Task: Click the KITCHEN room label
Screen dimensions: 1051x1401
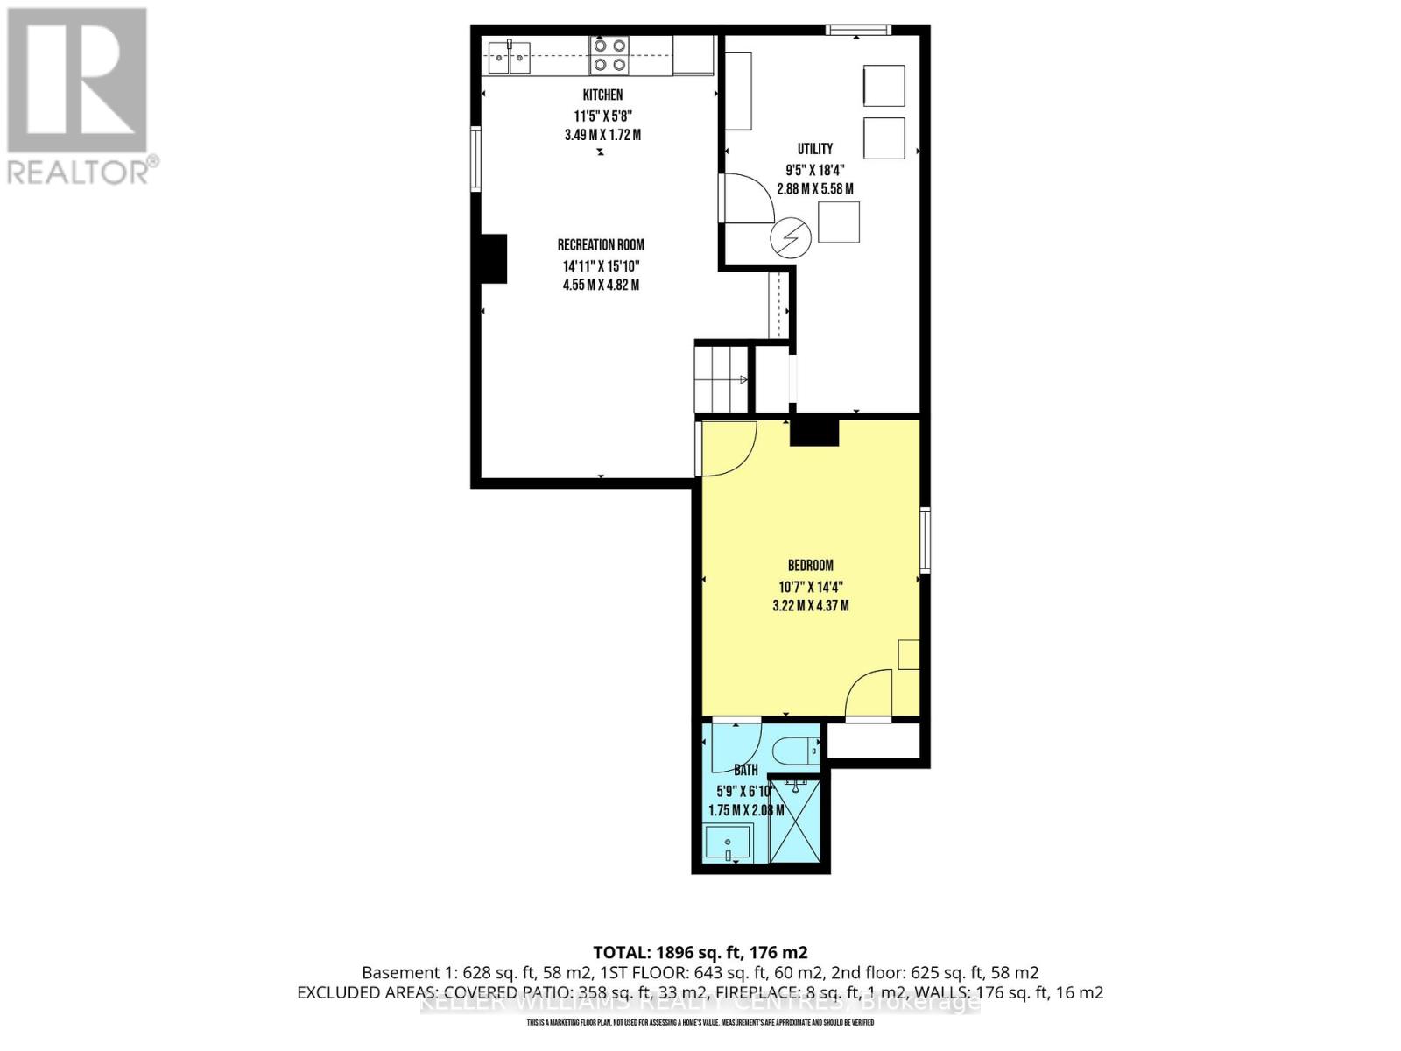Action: pyautogui.click(x=602, y=95)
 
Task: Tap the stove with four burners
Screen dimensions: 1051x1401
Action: pyautogui.click(x=609, y=54)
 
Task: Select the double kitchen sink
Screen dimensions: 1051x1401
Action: pyautogui.click(x=508, y=59)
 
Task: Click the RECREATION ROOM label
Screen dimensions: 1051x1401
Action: pyautogui.click(x=601, y=245)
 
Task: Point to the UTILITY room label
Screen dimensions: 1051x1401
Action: pyautogui.click(x=814, y=149)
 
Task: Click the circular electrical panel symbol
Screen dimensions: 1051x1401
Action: pyautogui.click(x=791, y=236)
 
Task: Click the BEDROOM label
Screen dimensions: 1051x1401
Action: pyautogui.click(x=810, y=566)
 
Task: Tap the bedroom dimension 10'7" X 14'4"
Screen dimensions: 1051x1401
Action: pyautogui.click(x=810, y=587)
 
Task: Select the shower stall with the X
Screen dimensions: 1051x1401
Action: pyautogui.click(x=795, y=822)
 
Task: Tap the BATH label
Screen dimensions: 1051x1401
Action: pyautogui.click(x=745, y=771)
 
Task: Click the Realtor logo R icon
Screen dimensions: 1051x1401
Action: pyautogui.click(x=77, y=81)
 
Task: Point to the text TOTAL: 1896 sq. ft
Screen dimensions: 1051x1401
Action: pyautogui.click(x=700, y=952)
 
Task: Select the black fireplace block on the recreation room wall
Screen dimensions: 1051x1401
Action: pyautogui.click(x=493, y=258)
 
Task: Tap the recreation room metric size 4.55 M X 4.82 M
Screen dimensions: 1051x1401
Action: pyautogui.click(x=601, y=285)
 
